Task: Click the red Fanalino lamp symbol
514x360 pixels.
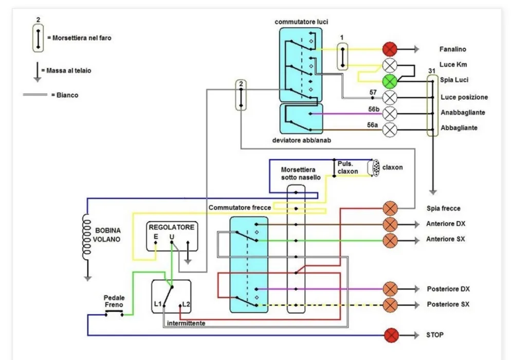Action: [x=390, y=49]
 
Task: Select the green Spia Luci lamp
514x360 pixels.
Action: [x=390, y=81]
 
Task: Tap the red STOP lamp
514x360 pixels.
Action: [x=391, y=335]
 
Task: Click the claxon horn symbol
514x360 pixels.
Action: [x=374, y=168]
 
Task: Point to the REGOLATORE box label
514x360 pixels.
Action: [x=172, y=227]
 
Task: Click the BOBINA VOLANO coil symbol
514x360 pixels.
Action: [x=86, y=237]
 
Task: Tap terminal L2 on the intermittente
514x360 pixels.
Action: [x=186, y=304]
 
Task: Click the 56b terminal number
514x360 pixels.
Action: [x=374, y=109]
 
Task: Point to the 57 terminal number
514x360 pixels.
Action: [x=373, y=93]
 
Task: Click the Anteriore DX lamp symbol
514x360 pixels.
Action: [x=390, y=225]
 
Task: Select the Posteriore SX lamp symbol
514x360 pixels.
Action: [x=390, y=305]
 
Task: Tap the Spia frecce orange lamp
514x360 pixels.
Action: [x=390, y=208]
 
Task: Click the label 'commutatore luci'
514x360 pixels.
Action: [x=301, y=22]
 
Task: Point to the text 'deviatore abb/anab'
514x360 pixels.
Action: [x=302, y=140]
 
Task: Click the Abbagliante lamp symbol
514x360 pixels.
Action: [x=390, y=130]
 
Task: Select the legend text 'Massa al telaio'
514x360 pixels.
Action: [x=68, y=70]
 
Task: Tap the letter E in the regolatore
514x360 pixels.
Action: [x=156, y=237]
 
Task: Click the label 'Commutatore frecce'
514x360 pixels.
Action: [x=240, y=208]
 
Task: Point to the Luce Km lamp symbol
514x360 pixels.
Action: [x=390, y=65]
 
